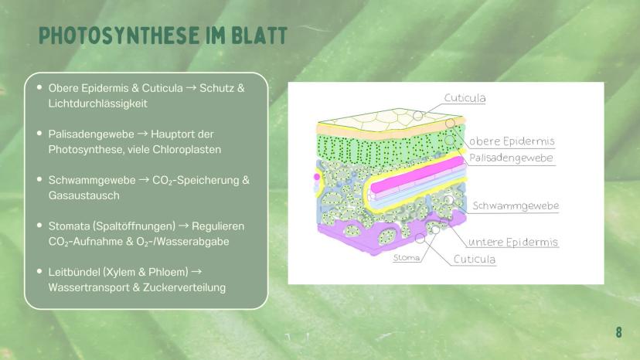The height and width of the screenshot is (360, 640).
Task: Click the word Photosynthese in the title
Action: point(119,36)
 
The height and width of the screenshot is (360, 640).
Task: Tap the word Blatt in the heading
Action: point(260,36)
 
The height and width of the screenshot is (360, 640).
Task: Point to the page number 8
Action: point(619,332)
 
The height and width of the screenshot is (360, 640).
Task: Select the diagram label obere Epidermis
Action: point(512,141)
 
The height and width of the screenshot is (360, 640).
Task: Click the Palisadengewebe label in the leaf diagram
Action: point(511,158)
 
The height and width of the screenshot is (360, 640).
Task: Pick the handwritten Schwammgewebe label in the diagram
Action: point(516,205)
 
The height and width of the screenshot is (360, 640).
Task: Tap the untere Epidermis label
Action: point(512,242)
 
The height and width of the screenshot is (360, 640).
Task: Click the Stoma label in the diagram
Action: point(407,257)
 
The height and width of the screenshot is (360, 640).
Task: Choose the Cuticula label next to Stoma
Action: point(475,259)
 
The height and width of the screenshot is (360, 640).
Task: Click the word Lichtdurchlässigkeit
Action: point(98,104)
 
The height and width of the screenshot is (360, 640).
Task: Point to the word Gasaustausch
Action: point(84,195)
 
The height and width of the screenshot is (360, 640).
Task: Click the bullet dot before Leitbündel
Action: point(39,271)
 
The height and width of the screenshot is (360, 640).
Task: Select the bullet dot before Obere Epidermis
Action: point(39,87)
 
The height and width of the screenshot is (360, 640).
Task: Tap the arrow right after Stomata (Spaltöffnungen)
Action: point(184,226)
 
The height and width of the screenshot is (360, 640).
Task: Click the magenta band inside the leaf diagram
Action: point(417,175)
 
